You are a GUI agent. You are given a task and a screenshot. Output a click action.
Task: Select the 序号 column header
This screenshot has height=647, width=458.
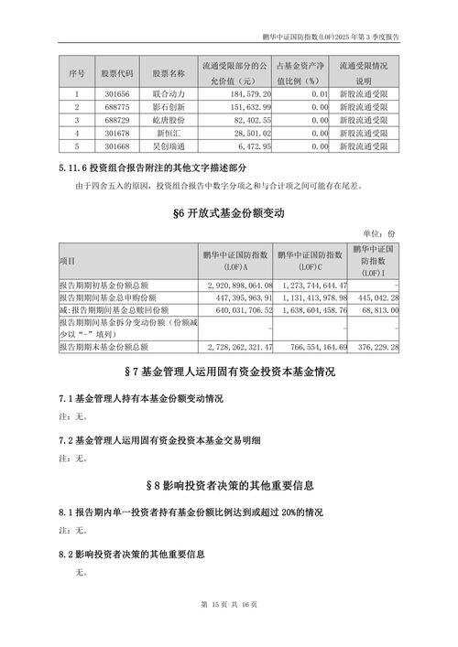[x=77, y=72]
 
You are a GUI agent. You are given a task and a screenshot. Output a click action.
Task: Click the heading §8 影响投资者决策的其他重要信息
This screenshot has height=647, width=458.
[x=229, y=484]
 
